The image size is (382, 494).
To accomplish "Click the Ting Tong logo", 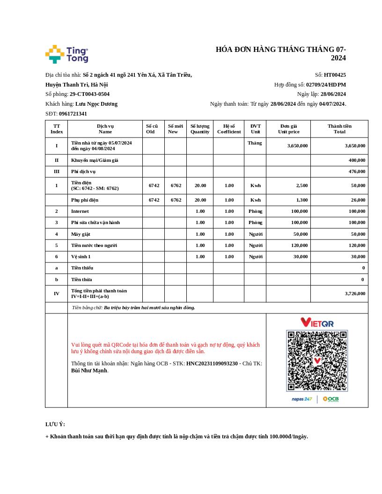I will pos(66,54).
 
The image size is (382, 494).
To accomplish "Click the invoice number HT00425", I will pos(335,75).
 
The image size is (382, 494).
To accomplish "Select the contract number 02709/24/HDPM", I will pos(326,85).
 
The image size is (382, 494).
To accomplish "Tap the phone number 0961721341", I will pos(73,114).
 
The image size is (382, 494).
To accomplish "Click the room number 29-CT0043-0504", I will pos(89,94).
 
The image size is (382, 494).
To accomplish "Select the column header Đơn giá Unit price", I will pos(288,129).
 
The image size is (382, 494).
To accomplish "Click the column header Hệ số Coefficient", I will pos(229,129).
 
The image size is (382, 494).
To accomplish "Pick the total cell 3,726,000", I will pos(355,293).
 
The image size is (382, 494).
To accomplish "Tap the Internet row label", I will pos(80,211).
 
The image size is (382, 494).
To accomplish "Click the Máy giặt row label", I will pos(81,234).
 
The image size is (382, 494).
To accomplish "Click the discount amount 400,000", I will pos(357,160).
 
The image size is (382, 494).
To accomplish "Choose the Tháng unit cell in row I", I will pos(255,143).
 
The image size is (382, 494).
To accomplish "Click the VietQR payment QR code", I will pos(317,361).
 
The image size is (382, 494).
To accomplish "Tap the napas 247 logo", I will pos(301,399).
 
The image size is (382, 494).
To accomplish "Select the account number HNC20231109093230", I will pos(212,363).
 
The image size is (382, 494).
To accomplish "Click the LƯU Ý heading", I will pos(55,424).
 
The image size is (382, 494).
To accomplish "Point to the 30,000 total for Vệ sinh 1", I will pos(358,256).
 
